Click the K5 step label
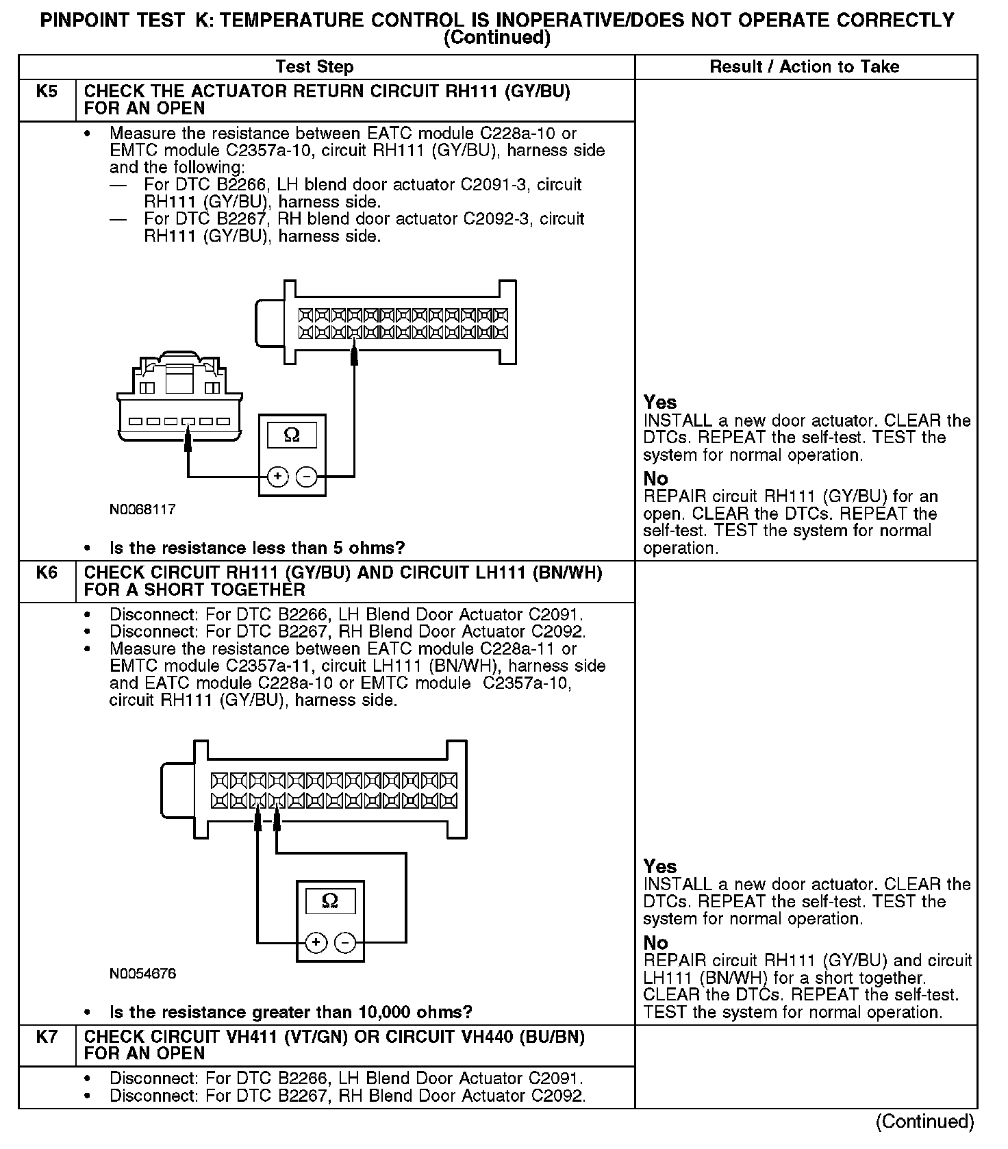pos(47,91)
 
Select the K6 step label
pos(47,572)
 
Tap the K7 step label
pos(47,1037)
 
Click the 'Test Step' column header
pos(314,66)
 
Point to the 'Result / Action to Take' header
pos(804,66)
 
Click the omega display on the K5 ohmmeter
pos(292,435)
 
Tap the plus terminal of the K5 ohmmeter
pos(277,476)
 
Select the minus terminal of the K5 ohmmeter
pos(306,476)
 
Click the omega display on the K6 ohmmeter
pos(330,901)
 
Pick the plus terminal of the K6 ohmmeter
pos(316,943)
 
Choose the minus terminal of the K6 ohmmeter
pos(344,943)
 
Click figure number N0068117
pos(142,509)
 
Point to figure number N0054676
pos(142,974)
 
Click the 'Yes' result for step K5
pos(660,403)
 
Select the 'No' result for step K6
pos(655,943)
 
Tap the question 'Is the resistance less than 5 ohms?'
pos(257,548)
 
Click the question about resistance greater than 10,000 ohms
pos(290,1012)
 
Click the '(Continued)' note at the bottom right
pos(924,1122)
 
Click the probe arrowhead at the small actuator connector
pos(188,438)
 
